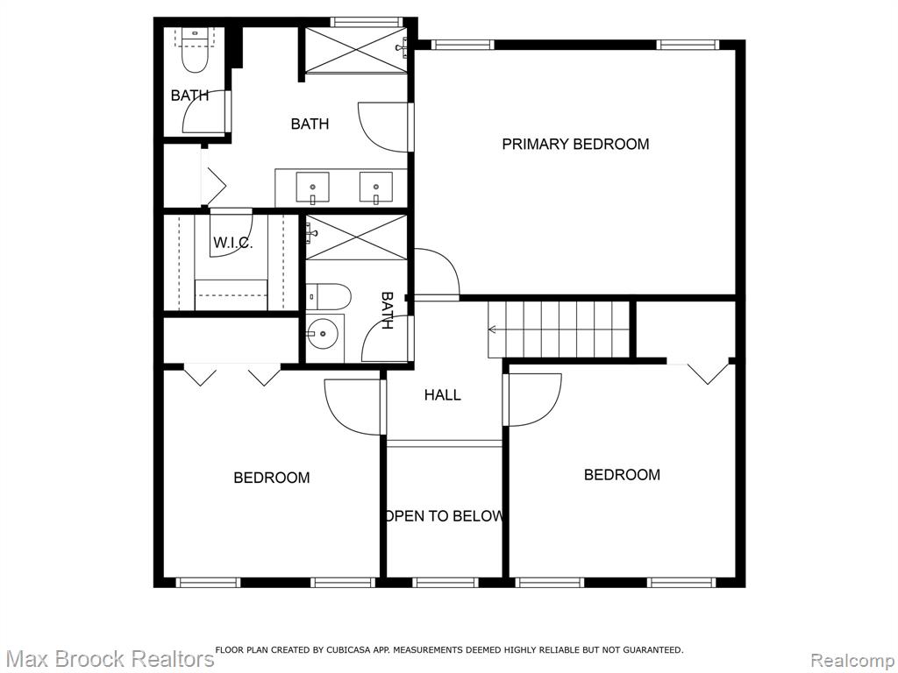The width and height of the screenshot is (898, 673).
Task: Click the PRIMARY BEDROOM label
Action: tap(575, 144)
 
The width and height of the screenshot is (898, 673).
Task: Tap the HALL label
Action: tap(443, 394)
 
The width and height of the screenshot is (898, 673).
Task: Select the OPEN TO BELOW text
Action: tap(445, 516)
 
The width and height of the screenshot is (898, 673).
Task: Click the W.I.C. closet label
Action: tap(233, 243)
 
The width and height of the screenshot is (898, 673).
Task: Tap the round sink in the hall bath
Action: tap(323, 333)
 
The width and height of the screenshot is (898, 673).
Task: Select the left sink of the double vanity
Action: tap(313, 187)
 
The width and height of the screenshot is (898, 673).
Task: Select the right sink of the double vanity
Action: tap(375, 187)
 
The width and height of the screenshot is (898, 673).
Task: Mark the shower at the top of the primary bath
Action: tap(356, 50)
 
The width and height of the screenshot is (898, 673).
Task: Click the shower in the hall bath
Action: tap(356, 237)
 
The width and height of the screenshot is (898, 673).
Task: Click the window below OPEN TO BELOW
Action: tap(445, 583)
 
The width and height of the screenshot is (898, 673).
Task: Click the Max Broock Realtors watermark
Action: tap(108, 659)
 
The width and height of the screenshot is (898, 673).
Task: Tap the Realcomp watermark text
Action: tap(853, 660)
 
